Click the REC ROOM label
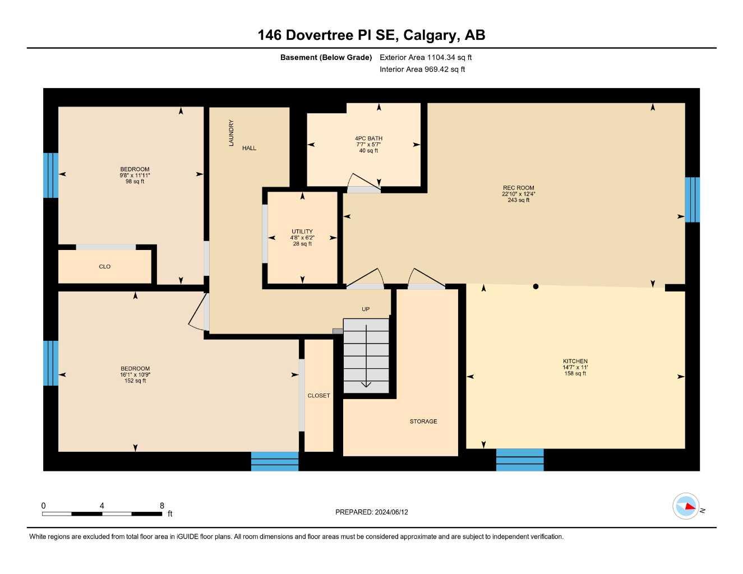pos(518,188)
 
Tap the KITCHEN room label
pos(575,361)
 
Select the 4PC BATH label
pos(368,138)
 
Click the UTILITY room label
pos(302,232)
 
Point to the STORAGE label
pos(423,422)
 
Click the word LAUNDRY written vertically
pos(231,133)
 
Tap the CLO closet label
pos(105,267)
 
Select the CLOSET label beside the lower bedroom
pos(319,396)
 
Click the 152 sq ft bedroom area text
pos(135,381)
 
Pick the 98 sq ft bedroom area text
pos(135,182)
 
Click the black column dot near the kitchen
pos(536,286)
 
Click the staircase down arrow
pos(366,383)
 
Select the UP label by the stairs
pos(366,309)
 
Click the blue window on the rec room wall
pos(692,200)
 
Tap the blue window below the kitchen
pos(520,460)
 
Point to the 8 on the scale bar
pos(162,506)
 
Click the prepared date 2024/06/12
pos(391,512)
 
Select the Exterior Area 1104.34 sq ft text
pos(426,57)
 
